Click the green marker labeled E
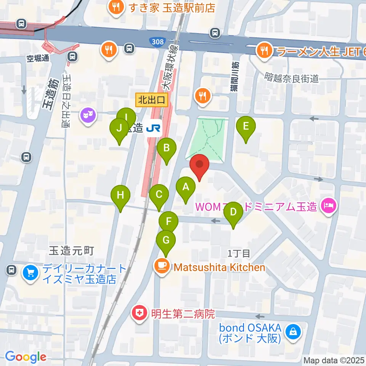pyautogui.click(x=246, y=126)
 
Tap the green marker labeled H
pyautogui.click(x=120, y=196)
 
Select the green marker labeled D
pyautogui.click(x=233, y=213)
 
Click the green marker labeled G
pyautogui.click(x=166, y=241)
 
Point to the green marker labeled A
pyautogui.click(x=186, y=187)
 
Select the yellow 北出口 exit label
pyautogui.click(x=152, y=101)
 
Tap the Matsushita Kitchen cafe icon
pyautogui.click(x=162, y=265)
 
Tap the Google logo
pyautogui.click(x=26, y=357)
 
